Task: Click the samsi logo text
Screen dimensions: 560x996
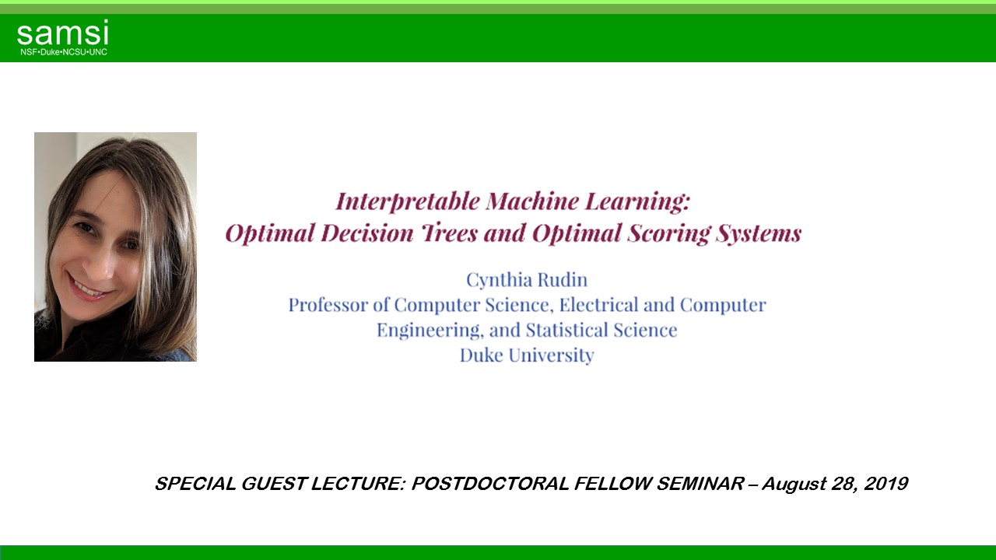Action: tap(62, 34)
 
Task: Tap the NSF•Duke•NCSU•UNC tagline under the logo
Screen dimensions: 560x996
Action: tap(64, 52)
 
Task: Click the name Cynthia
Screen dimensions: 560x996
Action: tap(496, 280)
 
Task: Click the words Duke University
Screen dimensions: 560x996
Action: tap(527, 355)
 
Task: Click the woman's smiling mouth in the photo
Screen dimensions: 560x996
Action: tap(89, 289)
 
